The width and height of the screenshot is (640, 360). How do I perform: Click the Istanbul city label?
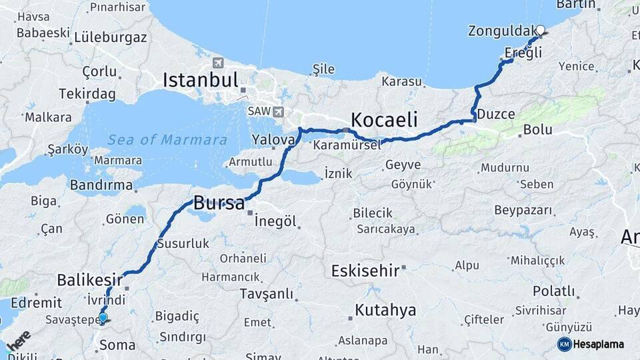[201, 81]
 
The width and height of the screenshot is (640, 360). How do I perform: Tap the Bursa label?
[219, 203]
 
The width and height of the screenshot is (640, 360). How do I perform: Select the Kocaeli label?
[384, 120]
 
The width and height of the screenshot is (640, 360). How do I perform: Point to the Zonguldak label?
[501, 31]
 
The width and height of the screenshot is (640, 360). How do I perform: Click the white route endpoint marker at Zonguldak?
[541, 30]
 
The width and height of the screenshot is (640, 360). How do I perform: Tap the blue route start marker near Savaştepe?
[103, 317]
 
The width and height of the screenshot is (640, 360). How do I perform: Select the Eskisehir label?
[365, 271]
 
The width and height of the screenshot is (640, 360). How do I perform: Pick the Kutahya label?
[385, 310]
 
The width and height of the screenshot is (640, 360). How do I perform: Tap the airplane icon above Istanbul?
[217, 63]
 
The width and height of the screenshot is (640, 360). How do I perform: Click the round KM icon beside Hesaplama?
[564, 344]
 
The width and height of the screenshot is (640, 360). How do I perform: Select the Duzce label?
[495, 114]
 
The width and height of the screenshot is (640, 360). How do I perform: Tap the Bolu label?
[537, 129]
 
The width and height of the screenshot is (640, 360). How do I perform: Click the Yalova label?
[273, 140]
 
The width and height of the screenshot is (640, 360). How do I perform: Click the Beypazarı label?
[523, 211]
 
